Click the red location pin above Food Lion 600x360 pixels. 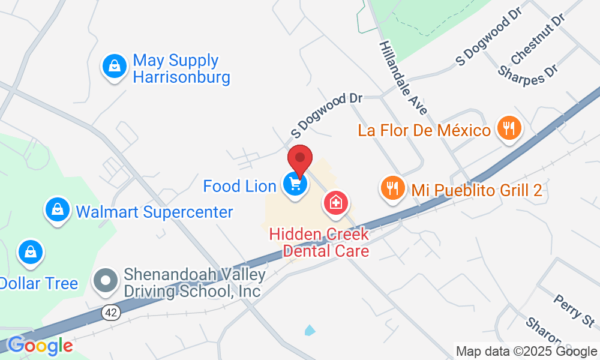click(x=300, y=161)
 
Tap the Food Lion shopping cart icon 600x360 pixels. click(x=295, y=184)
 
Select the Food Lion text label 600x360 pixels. click(x=239, y=185)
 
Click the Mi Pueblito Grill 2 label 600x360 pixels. click(x=476, y=191)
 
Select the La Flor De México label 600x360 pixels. click(x=424, y=130)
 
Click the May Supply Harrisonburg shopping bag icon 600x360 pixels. click(x=114, y=65)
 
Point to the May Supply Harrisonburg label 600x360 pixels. click(x=181, y=68)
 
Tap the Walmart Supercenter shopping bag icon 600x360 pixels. click(x=57, y=209)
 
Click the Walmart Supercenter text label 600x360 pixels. click(x=154, y=212)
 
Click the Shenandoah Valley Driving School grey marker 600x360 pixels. click(x=106, y=280)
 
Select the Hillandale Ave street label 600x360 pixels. click(x=403, y=78)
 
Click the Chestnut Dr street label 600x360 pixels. click(x=538, y=38)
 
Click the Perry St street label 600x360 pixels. click(x=574, y=307)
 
